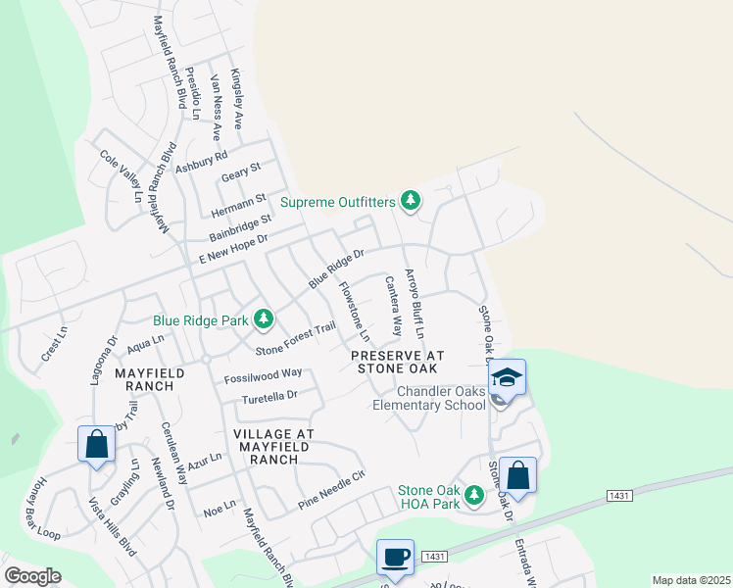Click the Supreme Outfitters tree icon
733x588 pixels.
coord(411,202)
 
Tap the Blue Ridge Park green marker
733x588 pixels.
coord(263,319)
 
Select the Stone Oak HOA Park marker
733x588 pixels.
coord(474,497)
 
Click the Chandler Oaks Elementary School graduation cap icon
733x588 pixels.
coord(508,377)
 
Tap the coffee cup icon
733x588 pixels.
coord(395,558)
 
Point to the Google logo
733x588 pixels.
coord(32,576)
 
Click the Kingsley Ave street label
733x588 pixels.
coord(236,99)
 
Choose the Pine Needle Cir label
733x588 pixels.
coord(331,491)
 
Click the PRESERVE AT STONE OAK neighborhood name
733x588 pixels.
coord(398,362)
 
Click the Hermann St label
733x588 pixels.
coord(239,206)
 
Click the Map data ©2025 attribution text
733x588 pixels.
coord(692,580)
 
